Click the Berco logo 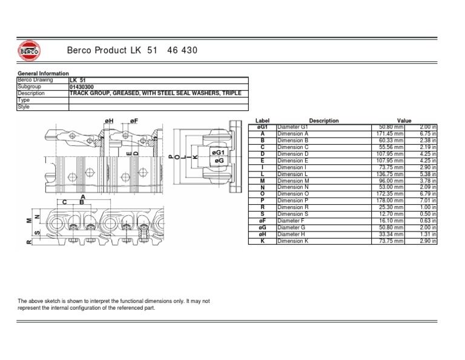[x=29, y=51]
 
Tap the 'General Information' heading [x=43, y=73]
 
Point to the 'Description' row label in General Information [x=31, y=93]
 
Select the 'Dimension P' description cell [x=293, y=201]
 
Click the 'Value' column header [x=404, y=121]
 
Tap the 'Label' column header [x=262, y=121]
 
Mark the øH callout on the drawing [x=109, y=121]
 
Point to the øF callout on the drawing [x=134, y=121]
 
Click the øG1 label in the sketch [x=218, y=153]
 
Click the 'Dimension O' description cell [x=293, y=194]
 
